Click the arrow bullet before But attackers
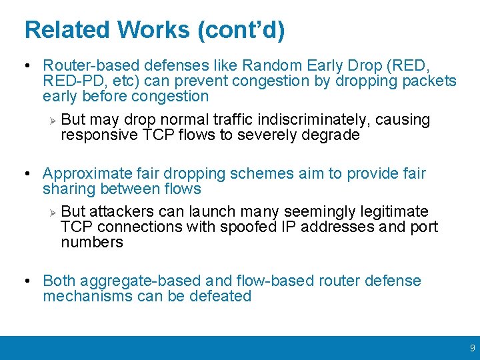[53, 212]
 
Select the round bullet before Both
[27, 281]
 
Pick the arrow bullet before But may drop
[53, 120]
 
